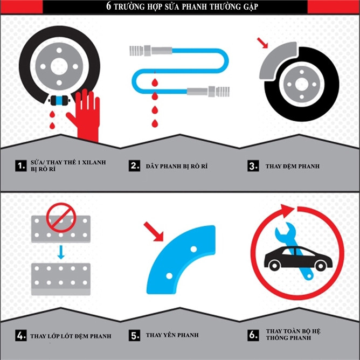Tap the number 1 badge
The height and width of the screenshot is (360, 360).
21,166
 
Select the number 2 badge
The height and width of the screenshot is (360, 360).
134,166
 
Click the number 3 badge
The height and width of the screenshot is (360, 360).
253,166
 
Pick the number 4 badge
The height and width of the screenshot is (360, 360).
21,335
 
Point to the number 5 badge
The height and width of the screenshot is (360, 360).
134,335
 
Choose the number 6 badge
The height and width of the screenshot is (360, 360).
253,335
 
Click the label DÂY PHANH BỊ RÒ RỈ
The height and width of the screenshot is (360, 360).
177,166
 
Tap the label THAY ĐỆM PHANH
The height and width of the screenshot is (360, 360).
293,166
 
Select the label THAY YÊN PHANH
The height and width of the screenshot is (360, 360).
172,335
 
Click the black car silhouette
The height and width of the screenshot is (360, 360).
298,258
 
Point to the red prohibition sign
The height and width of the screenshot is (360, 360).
61,217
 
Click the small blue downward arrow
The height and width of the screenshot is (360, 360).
61,252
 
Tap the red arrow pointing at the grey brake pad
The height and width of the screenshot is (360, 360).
262,43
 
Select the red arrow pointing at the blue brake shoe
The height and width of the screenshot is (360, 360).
154,231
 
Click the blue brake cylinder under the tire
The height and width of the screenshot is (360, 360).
59,100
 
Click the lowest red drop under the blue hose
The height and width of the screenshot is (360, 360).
155,123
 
